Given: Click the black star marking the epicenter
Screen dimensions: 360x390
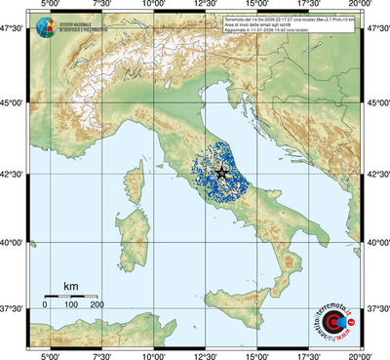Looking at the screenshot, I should point(221,173).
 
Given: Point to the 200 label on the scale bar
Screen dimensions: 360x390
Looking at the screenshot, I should point(97,305).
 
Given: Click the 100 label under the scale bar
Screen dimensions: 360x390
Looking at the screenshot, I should point(71,305).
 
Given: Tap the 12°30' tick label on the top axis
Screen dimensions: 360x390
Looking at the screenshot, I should point(206,6).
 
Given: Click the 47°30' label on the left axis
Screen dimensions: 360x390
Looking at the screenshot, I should point(12,30).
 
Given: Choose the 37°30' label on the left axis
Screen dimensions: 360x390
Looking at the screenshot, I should point(12,309).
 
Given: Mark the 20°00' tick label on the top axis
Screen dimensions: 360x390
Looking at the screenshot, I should point(359,6).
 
